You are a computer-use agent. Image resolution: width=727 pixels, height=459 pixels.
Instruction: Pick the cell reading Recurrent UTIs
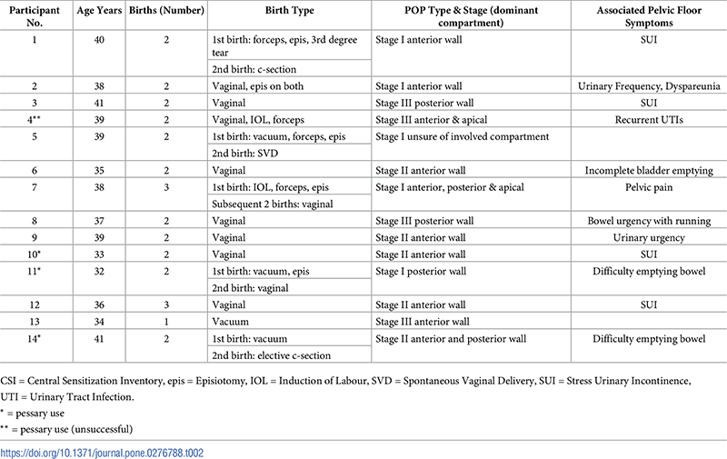[x=648, y=120]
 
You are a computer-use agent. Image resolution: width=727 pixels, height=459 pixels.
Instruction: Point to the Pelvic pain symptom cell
[x=648, y=187]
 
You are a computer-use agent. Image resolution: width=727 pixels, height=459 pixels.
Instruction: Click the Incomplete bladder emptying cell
[x=648, y=170]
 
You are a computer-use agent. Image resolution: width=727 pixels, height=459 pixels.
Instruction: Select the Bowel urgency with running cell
[x=648, y=221]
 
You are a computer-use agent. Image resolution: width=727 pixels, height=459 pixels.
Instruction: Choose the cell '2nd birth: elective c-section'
[x=269, y=355]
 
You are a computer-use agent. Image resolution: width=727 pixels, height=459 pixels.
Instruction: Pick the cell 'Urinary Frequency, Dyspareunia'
[x=648, y=86]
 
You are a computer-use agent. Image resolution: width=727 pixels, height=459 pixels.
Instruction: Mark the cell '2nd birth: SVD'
[x=244, y=154]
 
